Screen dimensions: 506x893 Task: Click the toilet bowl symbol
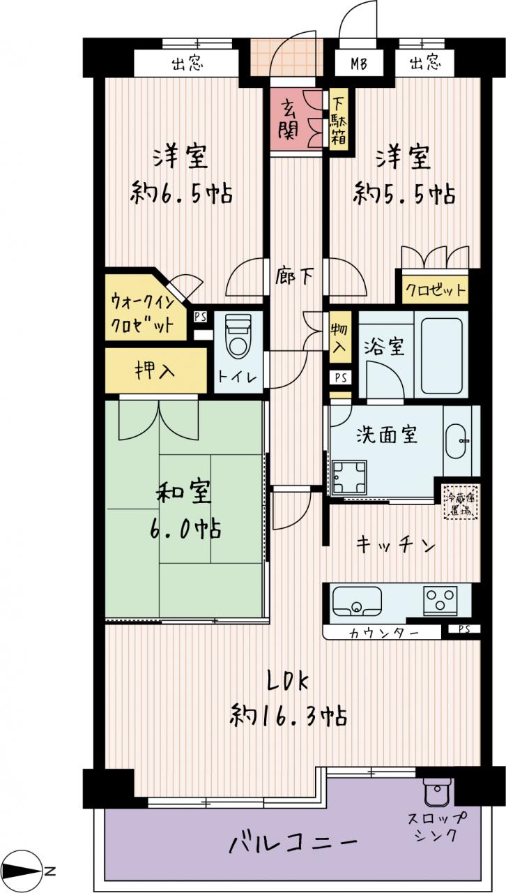[x=238, y=336]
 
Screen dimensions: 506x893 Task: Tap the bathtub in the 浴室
[x=440, y=354]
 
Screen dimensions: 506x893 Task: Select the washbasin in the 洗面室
[x=457, y=442]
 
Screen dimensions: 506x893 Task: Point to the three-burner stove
[x=440, y=599]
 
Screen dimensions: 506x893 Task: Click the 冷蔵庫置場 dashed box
[x=461, y=503]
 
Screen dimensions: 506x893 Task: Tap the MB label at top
[x=359, y=63]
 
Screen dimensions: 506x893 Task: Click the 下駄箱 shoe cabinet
[x=338, y=119]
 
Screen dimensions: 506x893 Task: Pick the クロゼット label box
[x=435, y=289]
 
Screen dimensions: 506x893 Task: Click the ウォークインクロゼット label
[x=142, y=315]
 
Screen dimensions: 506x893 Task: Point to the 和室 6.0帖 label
[x=185, y=511]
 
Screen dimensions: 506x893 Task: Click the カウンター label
[x=384, y=633]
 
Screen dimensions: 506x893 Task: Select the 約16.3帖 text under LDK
[x=289, y=716]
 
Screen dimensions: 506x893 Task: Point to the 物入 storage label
[x=339, y=338]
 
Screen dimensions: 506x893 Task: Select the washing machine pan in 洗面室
[x=349, y=477]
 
